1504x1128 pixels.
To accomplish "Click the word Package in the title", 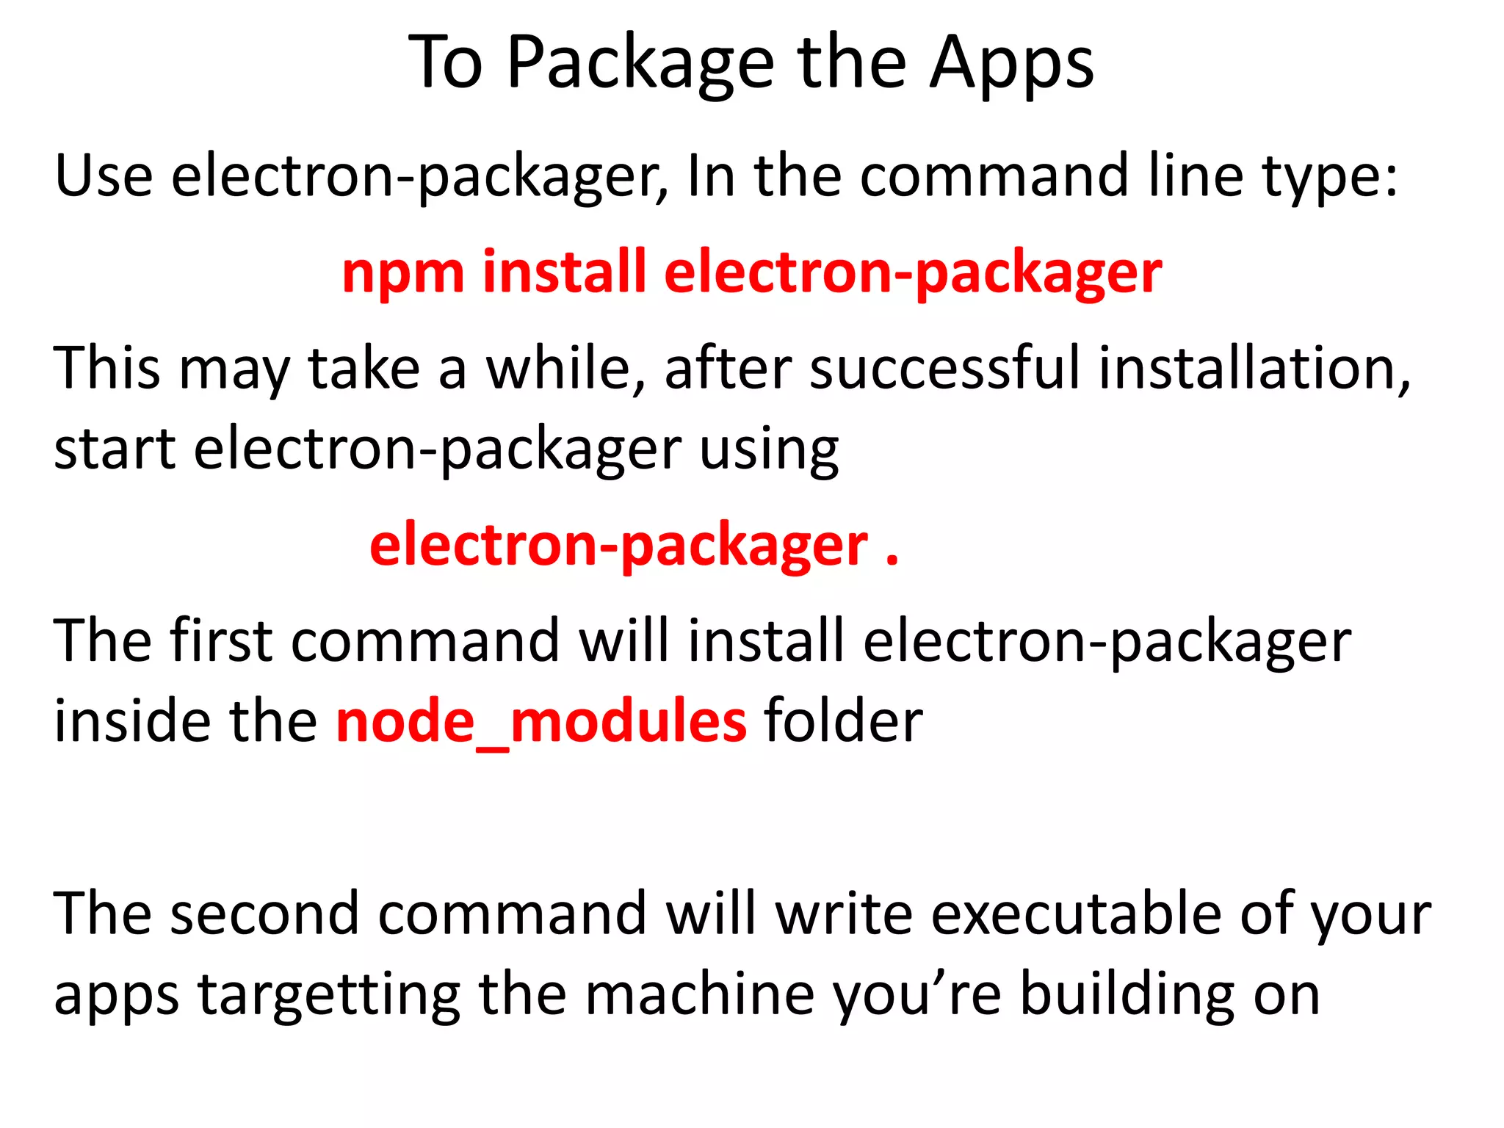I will click(640, 65).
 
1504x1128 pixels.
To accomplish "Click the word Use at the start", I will click(104, 176).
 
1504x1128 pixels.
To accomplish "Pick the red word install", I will click(564, 272).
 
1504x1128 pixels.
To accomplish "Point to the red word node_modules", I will click(541, 722).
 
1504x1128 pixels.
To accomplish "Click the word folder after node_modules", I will click(843, 722).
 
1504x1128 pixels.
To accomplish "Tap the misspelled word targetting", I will click(329, 996).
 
